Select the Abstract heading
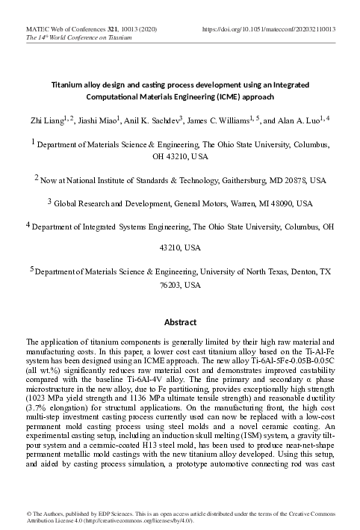180,323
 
